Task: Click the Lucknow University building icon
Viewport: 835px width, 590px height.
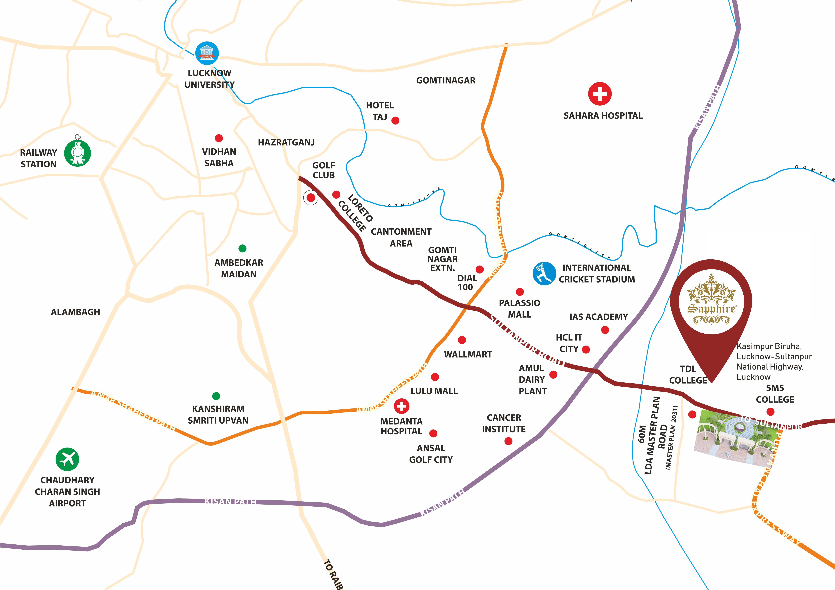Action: (x=207, y=53)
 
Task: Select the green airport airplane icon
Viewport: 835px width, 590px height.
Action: (x=67, y=459)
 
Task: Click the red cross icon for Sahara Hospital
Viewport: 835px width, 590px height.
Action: (x=600, y=94)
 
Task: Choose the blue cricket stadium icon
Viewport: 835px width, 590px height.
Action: (x=544, y=273)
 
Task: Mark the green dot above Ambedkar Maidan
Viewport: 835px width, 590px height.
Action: (x=242, y=248)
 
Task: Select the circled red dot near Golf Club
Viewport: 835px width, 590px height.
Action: (x=311, y=198)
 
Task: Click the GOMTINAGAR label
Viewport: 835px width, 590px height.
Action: (x=446, y=80)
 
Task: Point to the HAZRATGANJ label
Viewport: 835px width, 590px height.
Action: (x=286, y=142)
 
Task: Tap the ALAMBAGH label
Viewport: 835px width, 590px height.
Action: (x=75, y=312)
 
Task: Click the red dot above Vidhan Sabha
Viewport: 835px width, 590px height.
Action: (x=219, y=138)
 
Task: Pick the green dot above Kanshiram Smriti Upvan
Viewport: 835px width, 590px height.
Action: (x=216, y=396)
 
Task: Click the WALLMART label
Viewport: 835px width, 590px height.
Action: (x=468, y=354)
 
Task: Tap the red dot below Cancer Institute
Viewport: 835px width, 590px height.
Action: (x=508, y=441)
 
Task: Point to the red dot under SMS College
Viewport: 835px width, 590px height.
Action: (x=770, y=412)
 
